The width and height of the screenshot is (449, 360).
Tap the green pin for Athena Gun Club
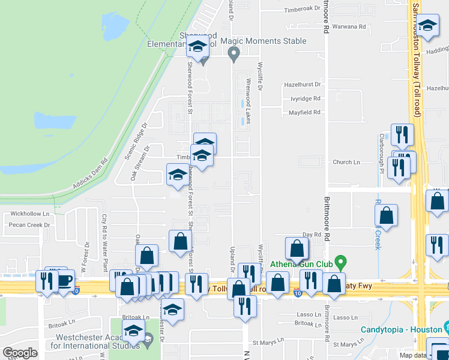341,262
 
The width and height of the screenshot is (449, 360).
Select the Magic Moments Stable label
264,41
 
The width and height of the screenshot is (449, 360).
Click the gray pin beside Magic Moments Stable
234,55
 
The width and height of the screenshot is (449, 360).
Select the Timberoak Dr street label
303,9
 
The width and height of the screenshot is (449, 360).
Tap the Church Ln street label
346,162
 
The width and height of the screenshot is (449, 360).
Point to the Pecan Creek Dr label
28,226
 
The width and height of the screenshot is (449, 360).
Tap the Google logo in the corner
20,353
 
